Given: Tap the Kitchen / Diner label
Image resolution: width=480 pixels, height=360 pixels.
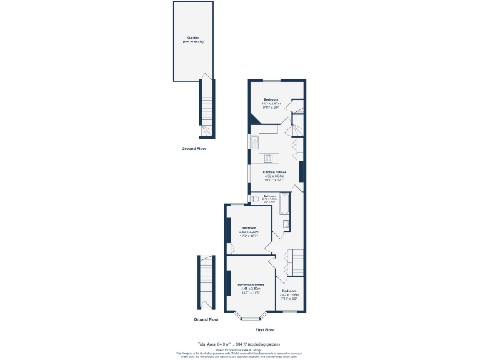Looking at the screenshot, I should pos(274,172).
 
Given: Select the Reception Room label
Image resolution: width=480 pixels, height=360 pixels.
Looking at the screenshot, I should pos(251,284).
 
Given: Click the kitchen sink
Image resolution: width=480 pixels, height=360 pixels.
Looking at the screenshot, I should pos(255,142).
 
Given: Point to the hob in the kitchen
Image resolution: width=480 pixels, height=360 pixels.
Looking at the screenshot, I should pos(269,158).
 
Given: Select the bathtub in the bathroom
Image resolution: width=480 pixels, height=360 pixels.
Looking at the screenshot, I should pos(284,204).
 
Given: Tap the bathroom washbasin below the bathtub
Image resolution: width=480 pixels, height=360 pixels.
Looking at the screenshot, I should pos(286,224).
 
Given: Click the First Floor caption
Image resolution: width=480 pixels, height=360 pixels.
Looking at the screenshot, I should pos(265,329).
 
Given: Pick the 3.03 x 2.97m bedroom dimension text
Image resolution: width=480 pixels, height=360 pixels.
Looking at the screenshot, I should pos(272,104).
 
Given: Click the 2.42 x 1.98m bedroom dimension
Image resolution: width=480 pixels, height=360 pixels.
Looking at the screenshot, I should pos(289,295).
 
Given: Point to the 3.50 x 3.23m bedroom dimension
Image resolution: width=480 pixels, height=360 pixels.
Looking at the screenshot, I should pos(249,232).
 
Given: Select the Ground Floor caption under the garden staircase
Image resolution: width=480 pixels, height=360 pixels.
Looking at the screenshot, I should pos(194,149).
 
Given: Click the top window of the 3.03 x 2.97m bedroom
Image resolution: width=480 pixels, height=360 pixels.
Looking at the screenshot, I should pos(271,80).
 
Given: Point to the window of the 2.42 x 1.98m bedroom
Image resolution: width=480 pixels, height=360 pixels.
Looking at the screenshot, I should pos(290,311).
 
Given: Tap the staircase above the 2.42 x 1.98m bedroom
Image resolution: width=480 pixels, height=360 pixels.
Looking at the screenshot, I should pos(295,261).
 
